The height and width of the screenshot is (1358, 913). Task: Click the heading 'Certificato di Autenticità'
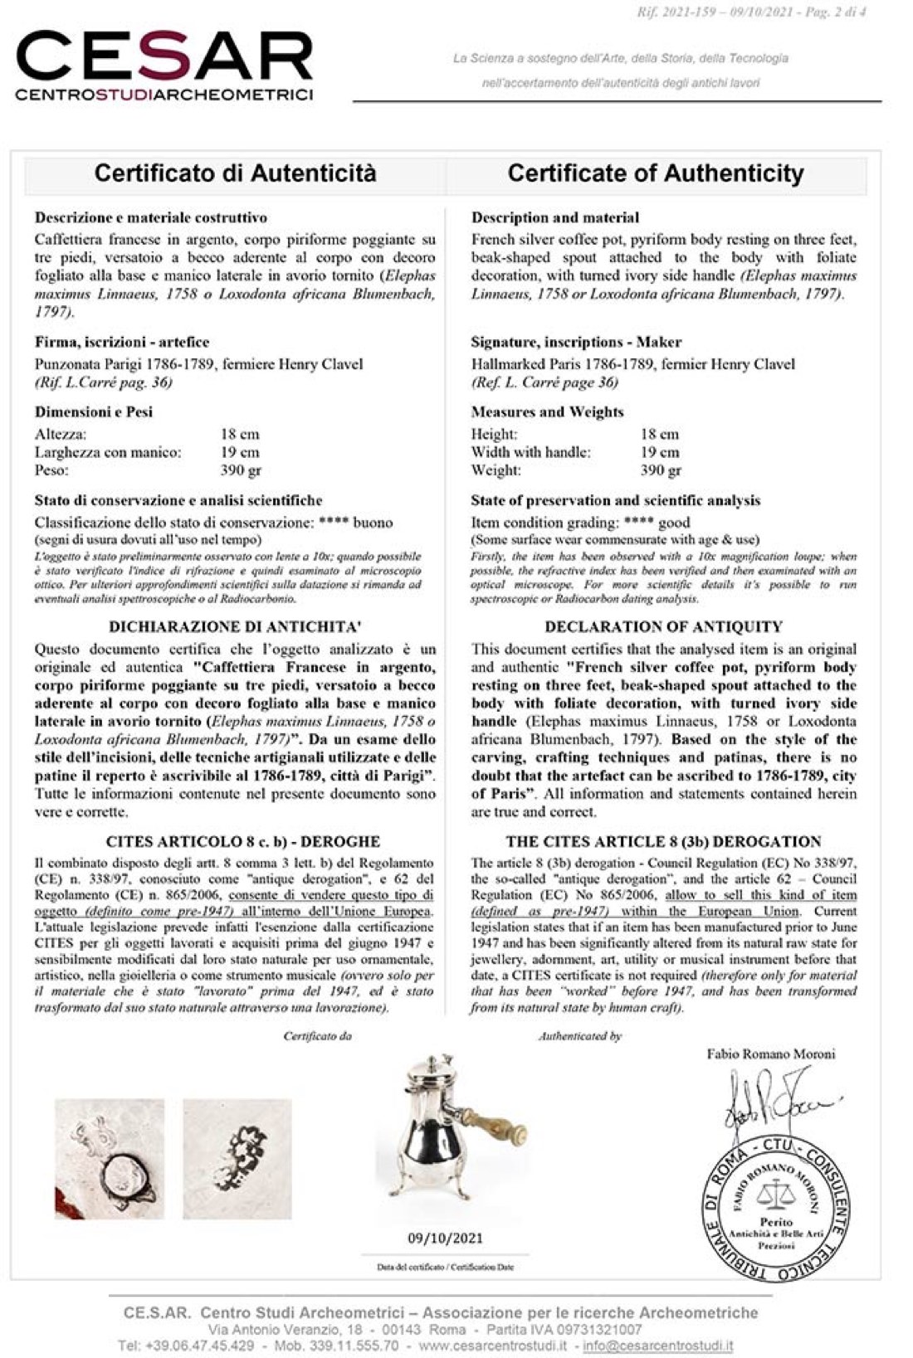pyautogui.click(x=235, y=173)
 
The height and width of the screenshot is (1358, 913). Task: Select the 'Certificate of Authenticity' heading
pyautogui.click(x=656, y=173)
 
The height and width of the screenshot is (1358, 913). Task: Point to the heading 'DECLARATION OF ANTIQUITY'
pyautogui.click(x=663, y=626)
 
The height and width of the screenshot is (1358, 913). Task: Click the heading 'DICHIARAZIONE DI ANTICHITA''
pyautogui.click(x=235, y=626)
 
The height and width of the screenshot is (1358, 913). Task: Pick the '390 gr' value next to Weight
pyautogui.click(x=661, y=470)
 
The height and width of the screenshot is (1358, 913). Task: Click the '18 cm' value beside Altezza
pyautogui.click(x=240, y=434)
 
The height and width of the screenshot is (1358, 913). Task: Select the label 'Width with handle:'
pyautogui.click(x=530, y=452)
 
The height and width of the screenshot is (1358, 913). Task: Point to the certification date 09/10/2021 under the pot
pyautogui.click(x=445, y=1238)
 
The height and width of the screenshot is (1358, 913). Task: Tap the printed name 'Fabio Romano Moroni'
pyautogui.click(x=771, y=1054)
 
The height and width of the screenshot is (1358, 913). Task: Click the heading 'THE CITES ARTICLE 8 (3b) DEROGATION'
pyautogui.click(x=663, y=841)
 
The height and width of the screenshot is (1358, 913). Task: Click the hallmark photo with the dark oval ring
pyautogui.click(x=110, y=1159)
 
